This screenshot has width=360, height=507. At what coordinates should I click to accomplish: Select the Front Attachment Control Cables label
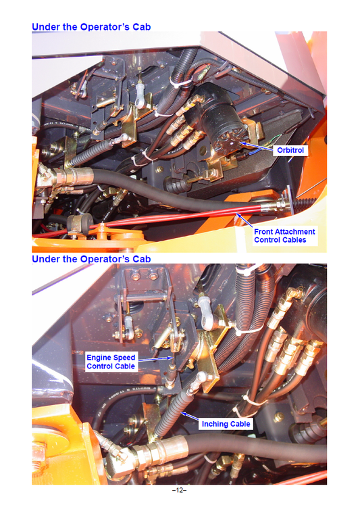click(284, 235)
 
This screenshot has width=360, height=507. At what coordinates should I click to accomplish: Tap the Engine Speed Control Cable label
click(111, 361)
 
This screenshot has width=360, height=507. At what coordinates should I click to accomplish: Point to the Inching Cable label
click(226, 424)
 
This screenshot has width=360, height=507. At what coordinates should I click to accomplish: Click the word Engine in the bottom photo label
click(101, 357)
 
